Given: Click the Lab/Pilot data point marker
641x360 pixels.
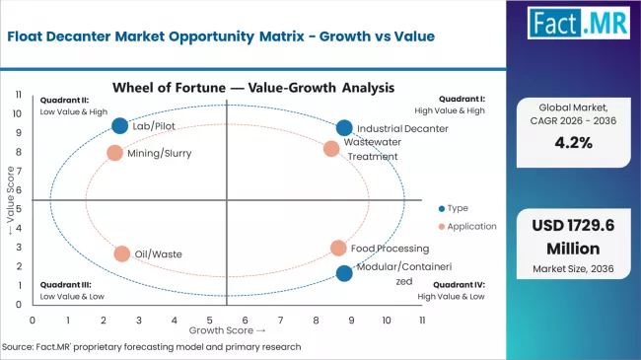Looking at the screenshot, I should (x=120, y=125).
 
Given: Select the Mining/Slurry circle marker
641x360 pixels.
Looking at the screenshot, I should (x=114, y=153).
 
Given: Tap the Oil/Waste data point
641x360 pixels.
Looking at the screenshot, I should (x=121, y=253).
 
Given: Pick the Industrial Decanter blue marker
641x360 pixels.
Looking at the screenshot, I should (x=343, y=128).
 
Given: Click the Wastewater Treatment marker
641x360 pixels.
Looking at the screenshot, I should (x=331, y=149).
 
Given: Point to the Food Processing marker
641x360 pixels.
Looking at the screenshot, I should (x=338, y=249).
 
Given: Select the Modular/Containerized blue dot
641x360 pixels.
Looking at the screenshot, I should (x=343, y=273).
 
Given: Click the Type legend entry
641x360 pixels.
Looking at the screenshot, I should (x=454, y=207).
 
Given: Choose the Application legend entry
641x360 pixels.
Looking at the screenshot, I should (x=465, y=226).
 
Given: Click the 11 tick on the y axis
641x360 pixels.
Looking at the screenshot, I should (x=20, y=95).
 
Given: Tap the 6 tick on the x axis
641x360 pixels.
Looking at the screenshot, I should (x=246, y=321).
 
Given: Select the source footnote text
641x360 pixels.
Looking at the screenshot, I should (x=151, y=347).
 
